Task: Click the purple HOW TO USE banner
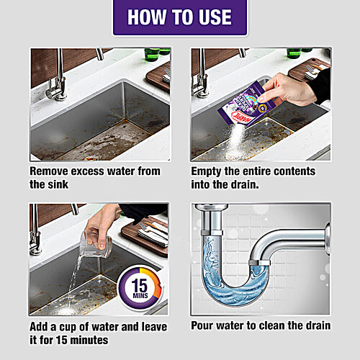[180, 18]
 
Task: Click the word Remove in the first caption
[53, 172]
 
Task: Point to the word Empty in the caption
[210, 172]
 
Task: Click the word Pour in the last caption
[204, 325]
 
